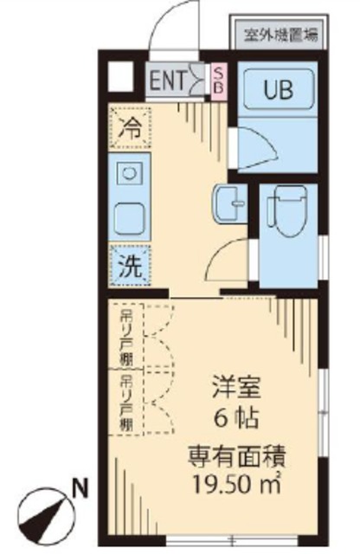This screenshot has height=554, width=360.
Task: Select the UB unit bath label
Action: [278, 88]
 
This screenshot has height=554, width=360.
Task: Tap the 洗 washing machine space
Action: [129, 267]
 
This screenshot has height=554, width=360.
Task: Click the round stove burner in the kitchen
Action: [128, 173]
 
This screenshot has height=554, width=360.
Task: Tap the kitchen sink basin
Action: [129, 216]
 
